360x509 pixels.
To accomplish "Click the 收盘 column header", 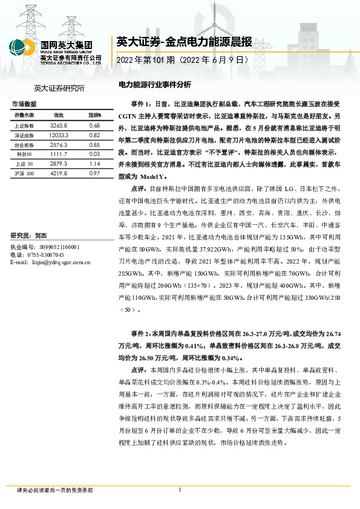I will pos(59,115).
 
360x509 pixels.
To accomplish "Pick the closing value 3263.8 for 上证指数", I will pos(59,125).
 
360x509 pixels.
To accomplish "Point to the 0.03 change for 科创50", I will pos(93,155).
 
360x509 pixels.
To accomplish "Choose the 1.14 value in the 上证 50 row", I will pos(93,164).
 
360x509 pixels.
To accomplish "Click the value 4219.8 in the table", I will pos(59,173).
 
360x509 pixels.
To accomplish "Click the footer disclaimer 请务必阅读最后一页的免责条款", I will pos(55,490).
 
